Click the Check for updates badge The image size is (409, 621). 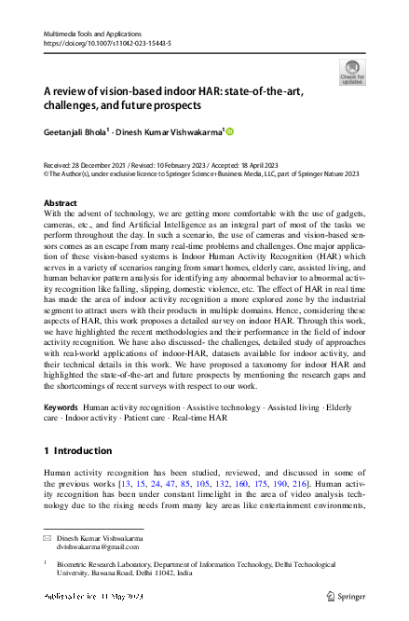(x=352, y=72)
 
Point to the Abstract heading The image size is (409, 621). (x=61, y=202)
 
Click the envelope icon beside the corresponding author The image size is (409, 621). (x=48, y=539)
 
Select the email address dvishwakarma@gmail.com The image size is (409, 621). (x=96, y=548)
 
